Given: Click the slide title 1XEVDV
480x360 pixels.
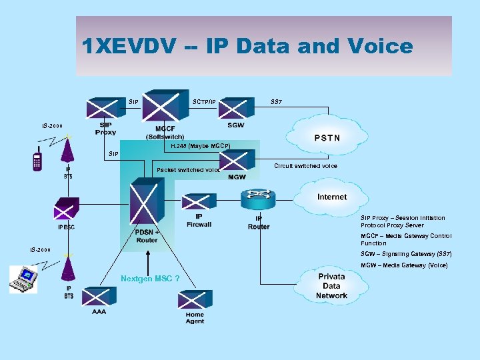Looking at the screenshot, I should tap(247, 46).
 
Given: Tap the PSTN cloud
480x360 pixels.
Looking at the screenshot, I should tap(327, 138).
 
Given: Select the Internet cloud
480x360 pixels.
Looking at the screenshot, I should tap(331, 197).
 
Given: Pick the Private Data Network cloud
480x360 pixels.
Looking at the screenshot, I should tap(331, 285).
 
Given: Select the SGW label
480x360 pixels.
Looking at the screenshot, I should tap(235, 125).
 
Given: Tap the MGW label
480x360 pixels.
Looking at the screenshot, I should tap(237, 177).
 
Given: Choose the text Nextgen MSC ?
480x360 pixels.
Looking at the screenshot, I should tap(150, 278).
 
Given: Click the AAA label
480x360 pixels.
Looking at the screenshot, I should tap(99, 311).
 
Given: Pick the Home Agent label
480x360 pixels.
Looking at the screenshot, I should tap(195, 318).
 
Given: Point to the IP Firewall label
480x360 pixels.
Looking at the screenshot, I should tap(199, 220).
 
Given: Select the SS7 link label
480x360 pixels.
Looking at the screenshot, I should tap(277, 101).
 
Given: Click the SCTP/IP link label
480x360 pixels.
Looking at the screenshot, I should tap(204, 102).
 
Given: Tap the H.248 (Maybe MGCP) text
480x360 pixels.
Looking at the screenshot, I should tap(200, 145).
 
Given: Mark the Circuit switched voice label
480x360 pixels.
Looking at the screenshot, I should tap(305, 166).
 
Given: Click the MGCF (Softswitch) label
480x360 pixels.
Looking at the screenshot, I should tap(165, 133).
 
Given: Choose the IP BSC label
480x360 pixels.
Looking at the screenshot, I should tap(66, 227).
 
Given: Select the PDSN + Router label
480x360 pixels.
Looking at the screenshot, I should tap(147, 236).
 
